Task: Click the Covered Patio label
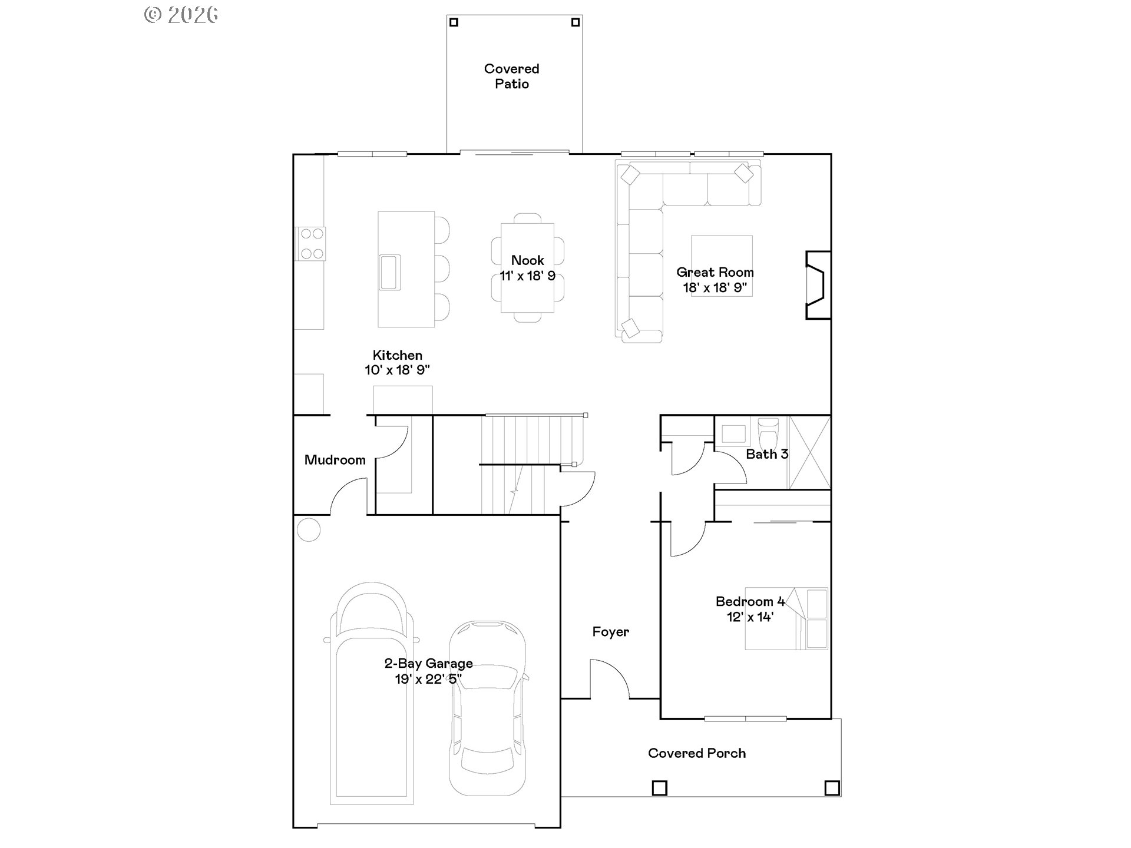click(x=511, y=77)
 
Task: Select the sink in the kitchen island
click(x=389, y=272)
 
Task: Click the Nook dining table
click(x=527, y=268)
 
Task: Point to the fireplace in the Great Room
click(x=818, y=286)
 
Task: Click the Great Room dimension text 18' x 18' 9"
click(x=715, y=288)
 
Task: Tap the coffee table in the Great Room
click(x=722, y=266)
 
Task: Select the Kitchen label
click(x=397, y=355)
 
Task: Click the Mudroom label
click(x=335, y=460)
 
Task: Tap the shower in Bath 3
click(x=809, y=452)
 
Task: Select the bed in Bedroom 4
click(x=786, y=618)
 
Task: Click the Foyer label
click(x=610, y=632)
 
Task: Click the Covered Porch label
click(x=697, y=753)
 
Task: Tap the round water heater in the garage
click(x=308, y=529)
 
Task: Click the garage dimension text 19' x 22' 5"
click(x=428, y=679)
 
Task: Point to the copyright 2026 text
click(x=181, y=15)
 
